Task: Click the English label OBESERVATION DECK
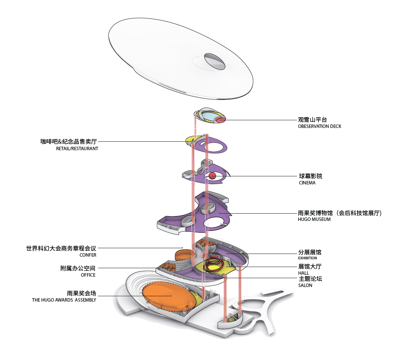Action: (x=319, y=126)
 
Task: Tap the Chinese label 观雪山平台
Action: (x=312, y=120)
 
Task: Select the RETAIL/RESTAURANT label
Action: (x=77, y=148)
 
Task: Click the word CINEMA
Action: (x=307, y=183)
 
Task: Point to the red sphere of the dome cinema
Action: (x=212, y=176)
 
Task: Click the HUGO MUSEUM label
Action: (x=314, y=219)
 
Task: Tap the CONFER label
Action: (x=88, y=255)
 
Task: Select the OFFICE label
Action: (x=88, y=275)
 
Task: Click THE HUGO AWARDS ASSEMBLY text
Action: (x=64, y=300)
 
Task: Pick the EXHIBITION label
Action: (x=307, y=258)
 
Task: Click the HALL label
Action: (x=304, y=273)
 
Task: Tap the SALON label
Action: (x=305, y=285)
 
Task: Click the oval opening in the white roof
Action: (x=215, y=61)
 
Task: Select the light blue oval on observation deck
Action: (x=210, y=116)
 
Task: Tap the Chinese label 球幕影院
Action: (x=310, y=176)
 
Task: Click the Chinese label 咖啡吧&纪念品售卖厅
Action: (x=69, y=142)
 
